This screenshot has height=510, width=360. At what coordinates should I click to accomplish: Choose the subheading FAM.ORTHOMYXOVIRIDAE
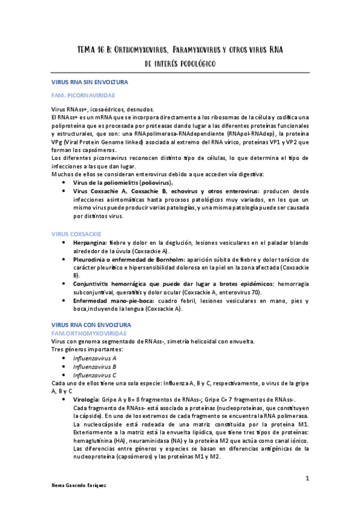pyautogui.click(x=89, y=332)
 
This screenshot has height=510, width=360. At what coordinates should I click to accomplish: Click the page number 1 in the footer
pyautogui.click(x=307, y=478)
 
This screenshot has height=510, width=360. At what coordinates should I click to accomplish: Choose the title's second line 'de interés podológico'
pyautogui.click(x=180, y=63)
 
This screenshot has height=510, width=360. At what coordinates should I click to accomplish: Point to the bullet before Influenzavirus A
pyautogui.click(x=64, y=358)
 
